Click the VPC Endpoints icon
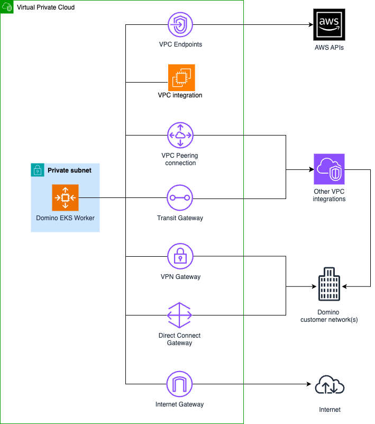[x=180, y=24]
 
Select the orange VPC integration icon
[x=181, y=77]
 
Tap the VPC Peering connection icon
[x=180, y=135]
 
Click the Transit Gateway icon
[x=180, y=198]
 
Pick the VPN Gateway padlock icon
[x=180, y=257]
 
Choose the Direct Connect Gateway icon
[x=180, y=316]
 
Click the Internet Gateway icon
[x=180, y=384]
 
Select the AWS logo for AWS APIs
[x=330, y=24]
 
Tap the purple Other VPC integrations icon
[x=329, y=169]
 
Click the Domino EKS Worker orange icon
[x=65, y=197]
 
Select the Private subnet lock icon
[x=38, y=170]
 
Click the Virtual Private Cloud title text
[x=46, y=7]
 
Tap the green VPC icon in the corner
[x=7, y=7]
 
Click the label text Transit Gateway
[x=180, y=218]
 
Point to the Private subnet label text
[x=69, y=170]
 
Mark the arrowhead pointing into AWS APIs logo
[x=310, y=24]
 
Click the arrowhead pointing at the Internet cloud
[x=310, y=384]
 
